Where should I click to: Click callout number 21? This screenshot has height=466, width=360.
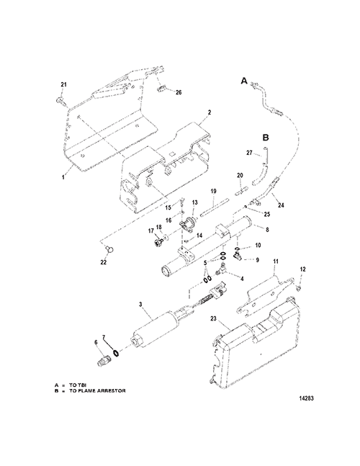tap(63, 85)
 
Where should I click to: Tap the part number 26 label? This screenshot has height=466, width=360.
tap(179, 92)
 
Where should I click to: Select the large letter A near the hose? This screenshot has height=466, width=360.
tap(244, 81)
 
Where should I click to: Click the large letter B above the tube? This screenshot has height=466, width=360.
tap(266, 138)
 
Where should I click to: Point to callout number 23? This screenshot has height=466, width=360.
tap(214, 318)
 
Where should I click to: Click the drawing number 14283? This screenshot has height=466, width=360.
tap(306, 398)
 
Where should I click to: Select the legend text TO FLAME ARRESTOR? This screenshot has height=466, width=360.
tap(97, 391)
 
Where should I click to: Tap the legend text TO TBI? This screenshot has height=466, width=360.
tap(78, 385)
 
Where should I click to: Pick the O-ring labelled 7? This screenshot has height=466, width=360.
tap(116, 354)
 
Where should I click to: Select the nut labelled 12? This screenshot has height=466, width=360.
tap(300, 288)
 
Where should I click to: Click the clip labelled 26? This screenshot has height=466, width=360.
tap(161, 88)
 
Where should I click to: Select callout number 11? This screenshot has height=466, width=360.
tap(276, 262)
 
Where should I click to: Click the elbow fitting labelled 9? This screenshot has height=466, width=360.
tap(238, 255)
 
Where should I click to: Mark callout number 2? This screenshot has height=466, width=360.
tap(210, 112)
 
